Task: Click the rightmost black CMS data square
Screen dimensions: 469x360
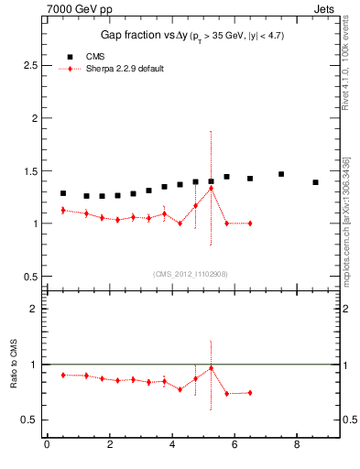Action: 315,182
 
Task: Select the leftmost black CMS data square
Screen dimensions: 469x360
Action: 62,193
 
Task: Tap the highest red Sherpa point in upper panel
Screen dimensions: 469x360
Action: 212,189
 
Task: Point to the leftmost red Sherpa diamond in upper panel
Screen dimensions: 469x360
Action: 62,211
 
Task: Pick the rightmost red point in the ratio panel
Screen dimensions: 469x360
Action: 249,393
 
